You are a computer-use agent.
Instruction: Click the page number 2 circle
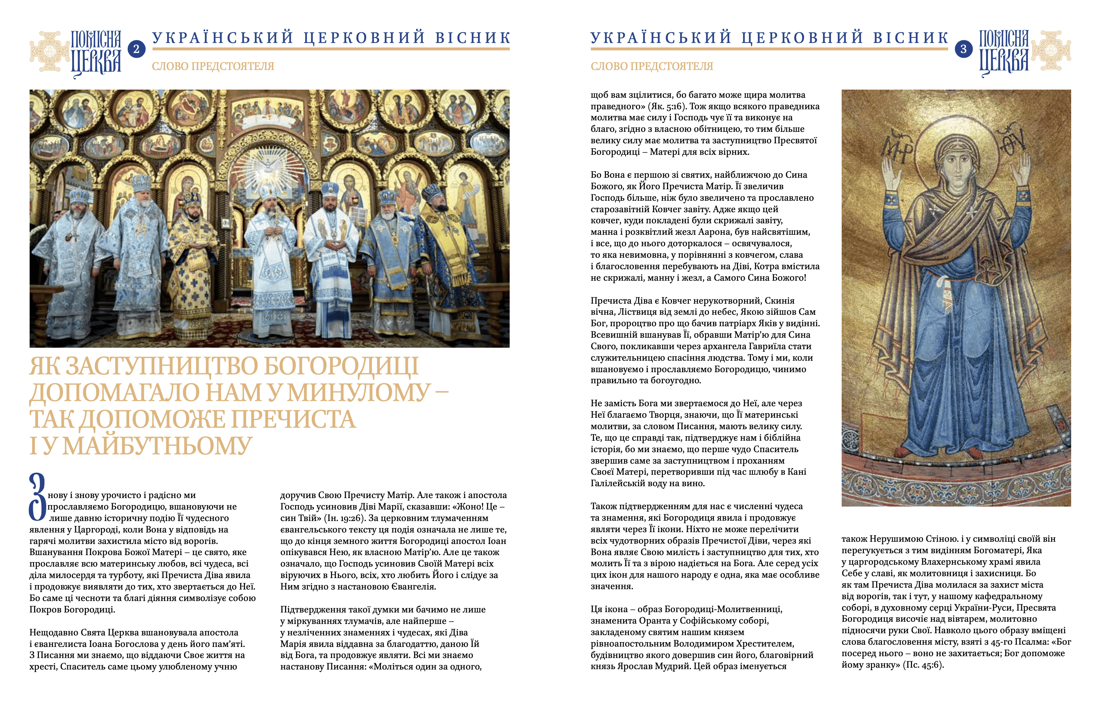[136, 49]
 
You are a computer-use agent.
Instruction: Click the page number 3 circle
[963, 49]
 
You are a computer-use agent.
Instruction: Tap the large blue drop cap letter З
[37, 497]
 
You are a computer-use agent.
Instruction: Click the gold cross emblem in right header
[1051, 50]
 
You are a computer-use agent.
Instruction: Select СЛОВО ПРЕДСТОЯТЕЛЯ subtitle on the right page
[652, 67]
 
